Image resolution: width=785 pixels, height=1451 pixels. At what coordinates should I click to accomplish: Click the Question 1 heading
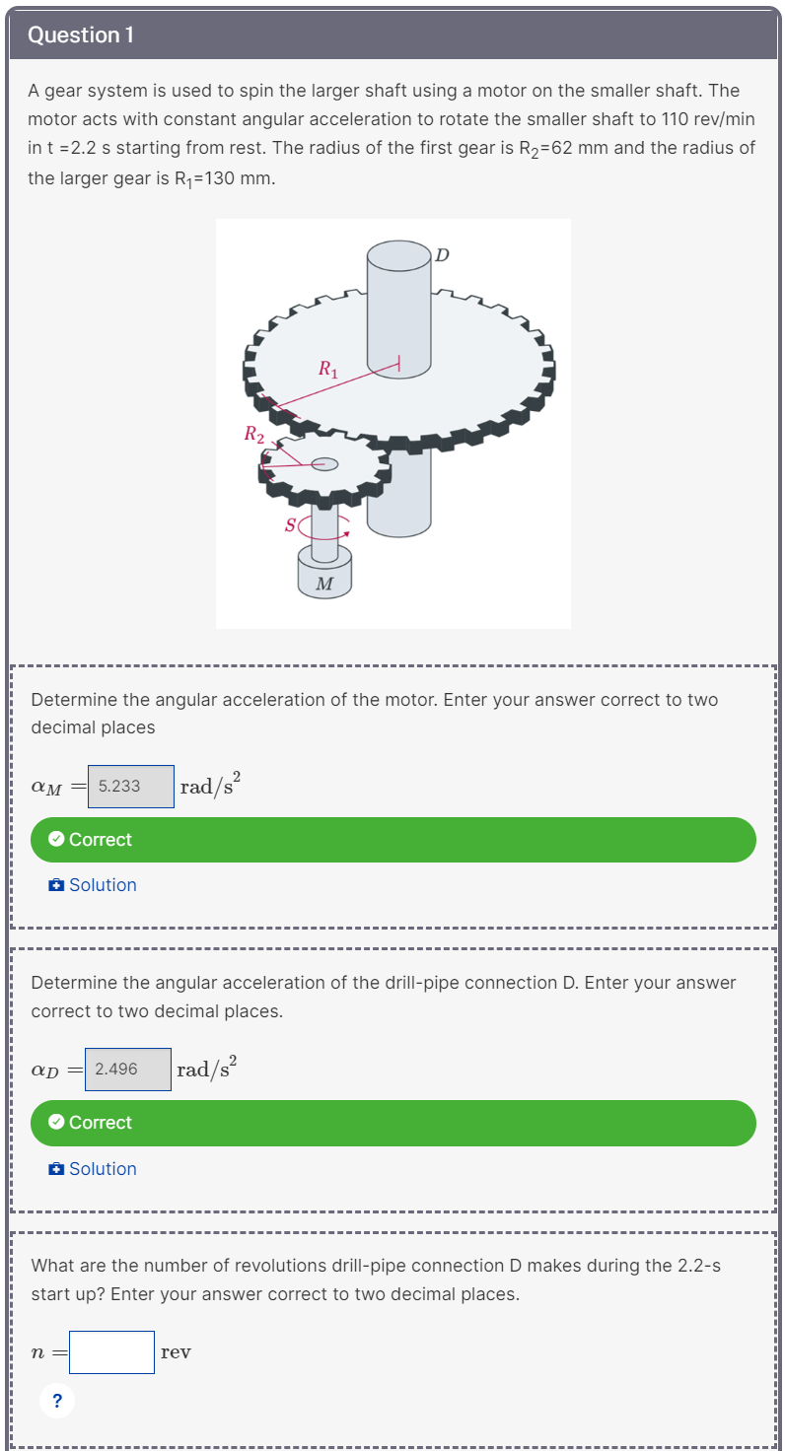coord(81,35)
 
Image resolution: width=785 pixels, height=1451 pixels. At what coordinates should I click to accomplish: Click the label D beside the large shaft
coord(442,255)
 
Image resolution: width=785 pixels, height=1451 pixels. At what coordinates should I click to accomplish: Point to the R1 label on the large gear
coord(328,371)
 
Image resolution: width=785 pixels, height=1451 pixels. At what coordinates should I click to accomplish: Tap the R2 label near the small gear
coord(253,433)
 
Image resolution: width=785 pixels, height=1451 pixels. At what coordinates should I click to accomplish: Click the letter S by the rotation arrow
coord(290,525)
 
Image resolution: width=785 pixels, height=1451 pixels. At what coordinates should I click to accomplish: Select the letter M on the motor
coord(324,584)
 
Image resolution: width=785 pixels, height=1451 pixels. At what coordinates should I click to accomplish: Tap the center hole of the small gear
coord(324,464)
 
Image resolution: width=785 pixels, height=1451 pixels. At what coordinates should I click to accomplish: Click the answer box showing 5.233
coord(130,786)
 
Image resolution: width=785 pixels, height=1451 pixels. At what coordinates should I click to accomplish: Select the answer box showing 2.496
coord(128,1069)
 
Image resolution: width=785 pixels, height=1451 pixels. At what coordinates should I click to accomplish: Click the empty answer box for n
coord(111,1352)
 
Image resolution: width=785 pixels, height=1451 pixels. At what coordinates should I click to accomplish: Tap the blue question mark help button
coord(57,1400)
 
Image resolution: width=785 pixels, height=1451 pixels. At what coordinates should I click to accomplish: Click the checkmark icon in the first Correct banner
coord(57,840)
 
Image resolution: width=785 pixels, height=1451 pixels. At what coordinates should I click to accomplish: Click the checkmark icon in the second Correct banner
coord(57,1123)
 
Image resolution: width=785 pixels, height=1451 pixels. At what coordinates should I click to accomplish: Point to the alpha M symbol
coord(46,787)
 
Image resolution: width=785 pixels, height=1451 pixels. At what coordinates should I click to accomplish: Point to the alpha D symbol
coord(45,1070)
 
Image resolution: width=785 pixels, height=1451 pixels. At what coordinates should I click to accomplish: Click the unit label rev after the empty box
coord(176,1352)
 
